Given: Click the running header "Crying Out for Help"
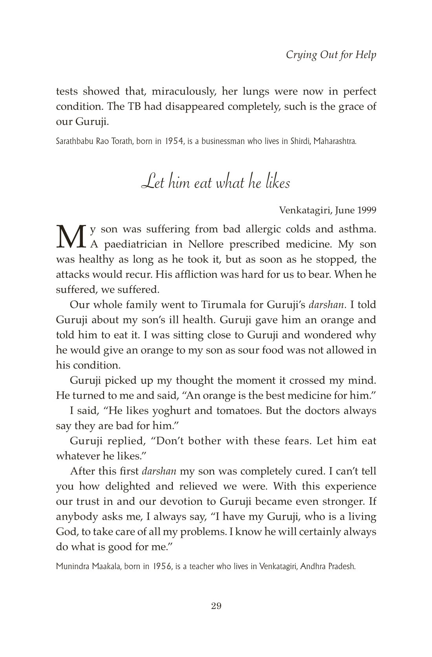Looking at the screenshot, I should coord(331,55).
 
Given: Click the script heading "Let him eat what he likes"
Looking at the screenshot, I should coord(216,183).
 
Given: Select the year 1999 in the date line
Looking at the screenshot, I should coord(367,210).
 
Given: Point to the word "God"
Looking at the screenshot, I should coord(65,532).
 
